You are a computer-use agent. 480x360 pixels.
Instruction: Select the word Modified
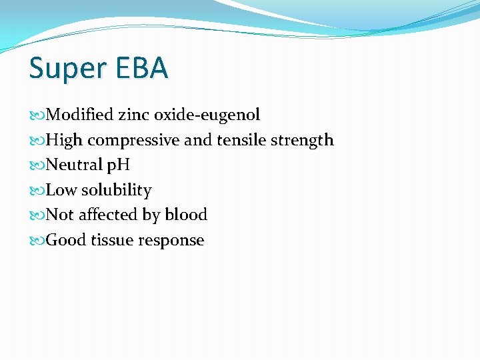(81, 115)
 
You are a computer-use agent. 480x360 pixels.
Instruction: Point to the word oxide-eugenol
(207, 115)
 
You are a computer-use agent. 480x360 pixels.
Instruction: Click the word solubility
(117, 191)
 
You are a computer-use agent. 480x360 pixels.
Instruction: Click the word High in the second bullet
(65, 141)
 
